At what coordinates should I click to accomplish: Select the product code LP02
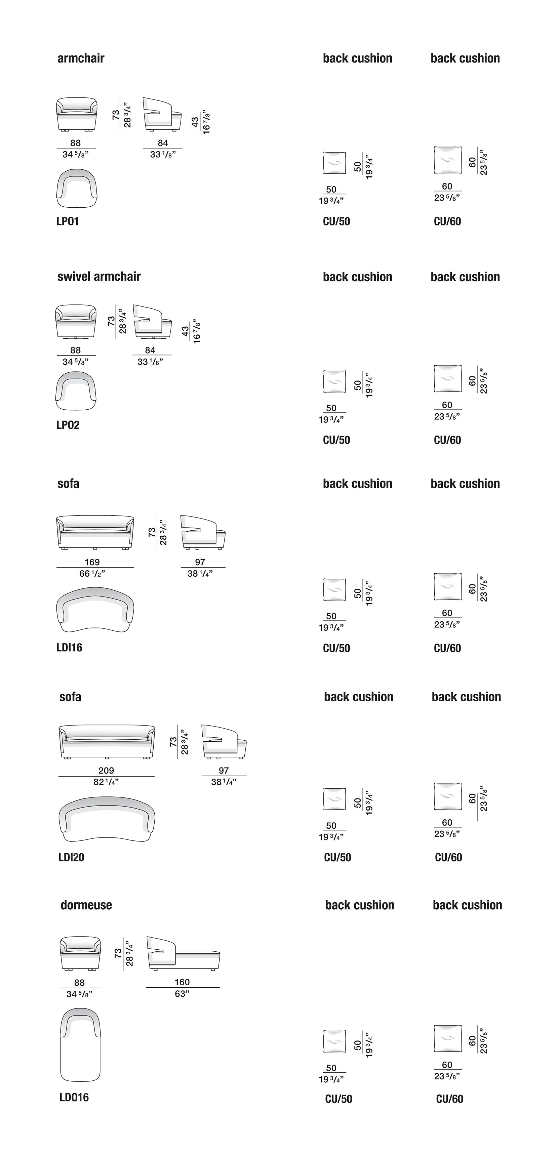pyautogui.click(x=68, y=425)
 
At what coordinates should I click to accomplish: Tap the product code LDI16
pyautogui.click(x=69, y=648)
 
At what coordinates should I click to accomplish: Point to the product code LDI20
pyautogui.click(x=71, y=857)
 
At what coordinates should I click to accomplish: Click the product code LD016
pyautogui.click(x=74, y=1097)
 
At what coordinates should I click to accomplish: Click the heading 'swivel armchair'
pyautogui.click(x=99, y=277)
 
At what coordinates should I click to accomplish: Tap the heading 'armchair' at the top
pyautogui.click(x=81, y=58)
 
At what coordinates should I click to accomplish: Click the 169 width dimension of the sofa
pyautogui.click(x=92, y=562)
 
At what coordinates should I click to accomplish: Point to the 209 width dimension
pyautogui.click(x=106, y=771)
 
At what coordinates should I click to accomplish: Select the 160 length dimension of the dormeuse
pyautogui.click(x=182, y=982)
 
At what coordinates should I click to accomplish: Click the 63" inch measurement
pyautogui.click(x=182, y=994)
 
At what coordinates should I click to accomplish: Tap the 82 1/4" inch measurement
pyautogui.click(x=106, y=782)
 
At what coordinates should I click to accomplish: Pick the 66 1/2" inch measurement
pyautogui.click(x=92, y=574)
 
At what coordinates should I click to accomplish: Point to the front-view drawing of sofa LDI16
pyautogui.click(x=95, y=532)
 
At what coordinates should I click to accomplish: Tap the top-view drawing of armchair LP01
pyautogui.click(x=77, y=189)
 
